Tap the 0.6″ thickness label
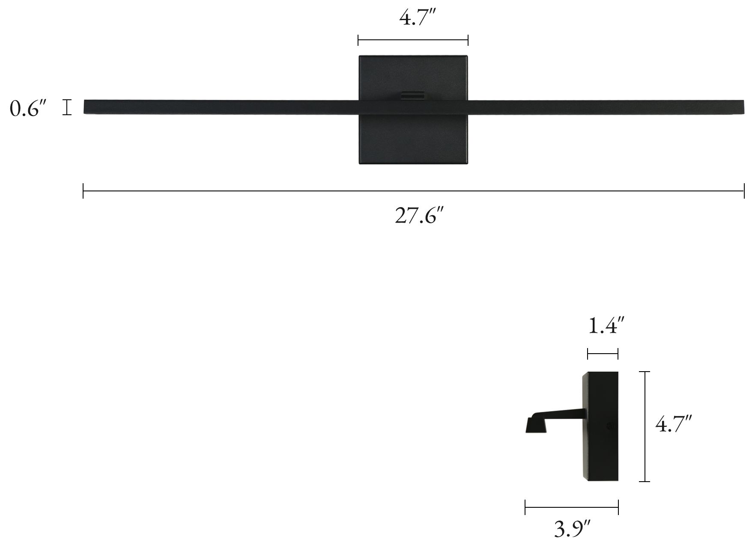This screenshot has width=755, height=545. (27, 109)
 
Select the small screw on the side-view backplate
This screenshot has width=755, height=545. (610, 426)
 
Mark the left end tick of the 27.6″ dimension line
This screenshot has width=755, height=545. (84, 191)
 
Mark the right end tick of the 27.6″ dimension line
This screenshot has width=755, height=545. (744, 191)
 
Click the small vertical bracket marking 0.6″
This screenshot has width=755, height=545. (67, 107)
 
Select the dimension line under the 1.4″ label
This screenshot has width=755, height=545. (603, 354)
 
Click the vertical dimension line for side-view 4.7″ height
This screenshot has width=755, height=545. (645, 426)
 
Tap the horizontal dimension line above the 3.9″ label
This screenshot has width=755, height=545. (572, 507)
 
